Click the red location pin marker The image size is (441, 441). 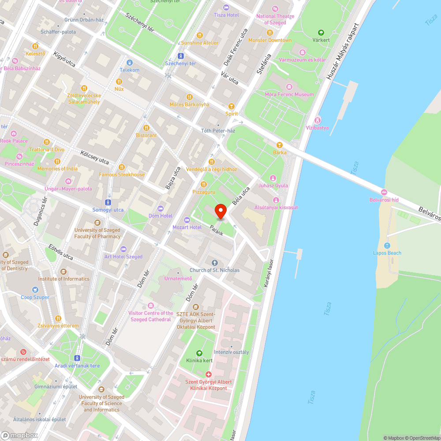coord(221,212)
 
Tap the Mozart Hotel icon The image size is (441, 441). coord(187,220)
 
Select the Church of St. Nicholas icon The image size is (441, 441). coord(215,263)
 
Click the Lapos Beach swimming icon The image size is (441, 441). coord(387,246)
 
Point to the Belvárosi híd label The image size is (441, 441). coord(384,200)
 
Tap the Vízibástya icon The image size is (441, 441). coord(317,120)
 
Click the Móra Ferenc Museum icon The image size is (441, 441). coord(289,87)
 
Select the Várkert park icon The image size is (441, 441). coord(321,32)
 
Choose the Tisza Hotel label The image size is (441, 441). coord(226,15)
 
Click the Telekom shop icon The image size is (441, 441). coord(129,63)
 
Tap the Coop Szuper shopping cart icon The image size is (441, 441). coord(35,290)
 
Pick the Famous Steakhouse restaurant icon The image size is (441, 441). coord(122,167)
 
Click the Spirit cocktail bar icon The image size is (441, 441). coord(232,106)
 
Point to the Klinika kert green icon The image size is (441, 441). coord(199,353)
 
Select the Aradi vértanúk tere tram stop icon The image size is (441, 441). coord(78,358)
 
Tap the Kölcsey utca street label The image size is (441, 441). coord(95,157)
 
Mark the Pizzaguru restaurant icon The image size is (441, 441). coord(204,184)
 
